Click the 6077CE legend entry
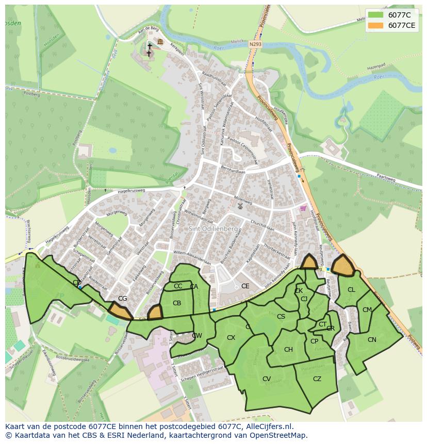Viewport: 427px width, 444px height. tap(391, 25)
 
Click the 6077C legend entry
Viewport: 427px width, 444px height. tap(391, 15)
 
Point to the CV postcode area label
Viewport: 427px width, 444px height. tap(267, 379)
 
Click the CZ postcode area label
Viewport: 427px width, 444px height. tap(317, 379)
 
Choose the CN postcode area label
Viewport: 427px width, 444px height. tap(372, 339)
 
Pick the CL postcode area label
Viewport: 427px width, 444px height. tap(351, 290)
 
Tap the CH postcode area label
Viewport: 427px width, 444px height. tap(288, 350)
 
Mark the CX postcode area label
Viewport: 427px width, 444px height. tap(231, 338)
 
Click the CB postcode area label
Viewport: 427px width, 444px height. tap(177, 303)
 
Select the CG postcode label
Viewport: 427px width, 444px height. tap(122, 299)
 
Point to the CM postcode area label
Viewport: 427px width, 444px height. tap(367, 310)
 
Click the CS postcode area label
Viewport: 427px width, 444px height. tap(281, 317)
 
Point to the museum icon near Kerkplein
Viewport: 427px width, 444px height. tap(160, 42)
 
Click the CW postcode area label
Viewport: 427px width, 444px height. tap(197, 336)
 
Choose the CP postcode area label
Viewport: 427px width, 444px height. tap(314, 341)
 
